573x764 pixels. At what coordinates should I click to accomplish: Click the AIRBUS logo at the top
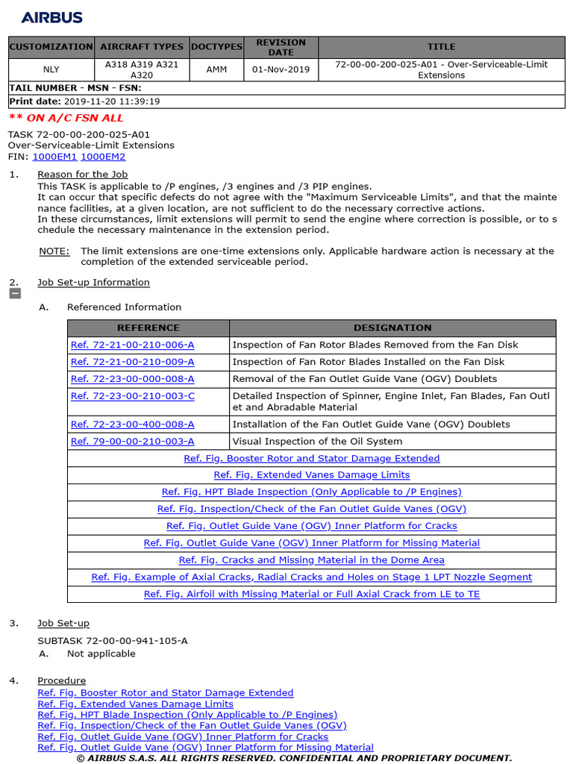[51, 17]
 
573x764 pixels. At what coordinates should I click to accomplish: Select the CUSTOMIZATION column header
[51, 47]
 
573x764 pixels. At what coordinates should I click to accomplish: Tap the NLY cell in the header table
[51, 69]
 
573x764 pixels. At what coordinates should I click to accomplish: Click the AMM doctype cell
[216, 69]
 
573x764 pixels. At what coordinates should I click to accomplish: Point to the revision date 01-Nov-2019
[281, 69]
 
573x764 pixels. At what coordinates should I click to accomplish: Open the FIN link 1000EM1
[54, 157]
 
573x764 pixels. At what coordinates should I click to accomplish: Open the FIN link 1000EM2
[103, 157]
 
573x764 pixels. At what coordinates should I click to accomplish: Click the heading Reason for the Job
[83, 175]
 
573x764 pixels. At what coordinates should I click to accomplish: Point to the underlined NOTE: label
[54, 251]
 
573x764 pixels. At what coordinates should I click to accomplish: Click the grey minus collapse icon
[14, 294]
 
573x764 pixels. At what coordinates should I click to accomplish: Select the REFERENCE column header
[148, 328]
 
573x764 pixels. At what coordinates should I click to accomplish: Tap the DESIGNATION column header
[392, 328]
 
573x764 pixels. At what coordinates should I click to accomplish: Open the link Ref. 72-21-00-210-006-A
[132, 345]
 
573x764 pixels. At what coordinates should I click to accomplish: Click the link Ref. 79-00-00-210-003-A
[132, 442]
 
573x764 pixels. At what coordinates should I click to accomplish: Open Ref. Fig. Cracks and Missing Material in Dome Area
[311, 560]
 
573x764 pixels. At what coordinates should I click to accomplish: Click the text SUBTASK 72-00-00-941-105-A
[113, 641]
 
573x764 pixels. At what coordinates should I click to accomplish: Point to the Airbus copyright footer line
[294, 758]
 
